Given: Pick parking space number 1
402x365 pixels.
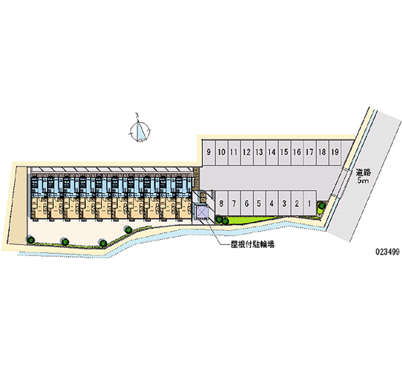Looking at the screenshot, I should click(310, 203).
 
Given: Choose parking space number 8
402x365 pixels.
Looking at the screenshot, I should click(222, 203).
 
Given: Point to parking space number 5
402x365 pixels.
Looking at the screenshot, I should click(259, 203).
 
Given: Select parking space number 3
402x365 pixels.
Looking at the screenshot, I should click(284, 203).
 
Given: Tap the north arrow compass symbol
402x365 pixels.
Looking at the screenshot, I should click(139, 130).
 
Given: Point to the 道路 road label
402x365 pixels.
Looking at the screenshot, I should click(363, 172).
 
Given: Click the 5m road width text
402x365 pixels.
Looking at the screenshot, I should click(363, 180).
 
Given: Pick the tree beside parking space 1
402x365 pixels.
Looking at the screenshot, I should click(320, 204).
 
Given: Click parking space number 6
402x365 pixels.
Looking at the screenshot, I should click(247, 203).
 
